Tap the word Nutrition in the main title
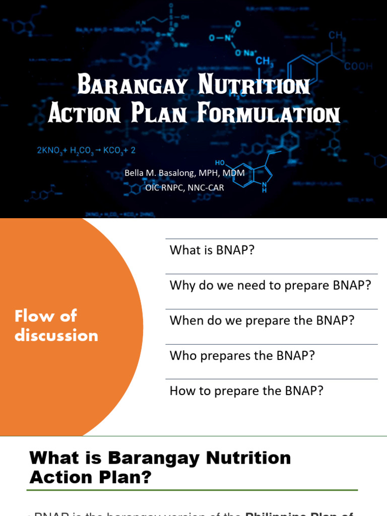[x=254, y=86]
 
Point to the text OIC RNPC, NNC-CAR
[x=184, y=188]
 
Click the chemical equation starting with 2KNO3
[x=86, y=150]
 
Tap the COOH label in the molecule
[x=358, y=66]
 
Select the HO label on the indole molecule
[x=220, y=163]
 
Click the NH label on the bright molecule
[x=264, y=188]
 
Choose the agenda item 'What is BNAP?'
[x=209, y=250]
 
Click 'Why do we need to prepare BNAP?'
[x=270, y=286]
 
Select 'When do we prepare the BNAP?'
[x=262, y=321]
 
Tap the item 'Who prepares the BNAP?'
[x=242, y=356]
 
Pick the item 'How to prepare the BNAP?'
[x=246, y=391]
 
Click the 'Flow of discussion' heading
[x=56, y=326]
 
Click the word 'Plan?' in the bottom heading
[x=126, y=477]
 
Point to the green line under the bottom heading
[x=192, y=490]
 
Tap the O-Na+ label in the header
[x=245, y=53]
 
